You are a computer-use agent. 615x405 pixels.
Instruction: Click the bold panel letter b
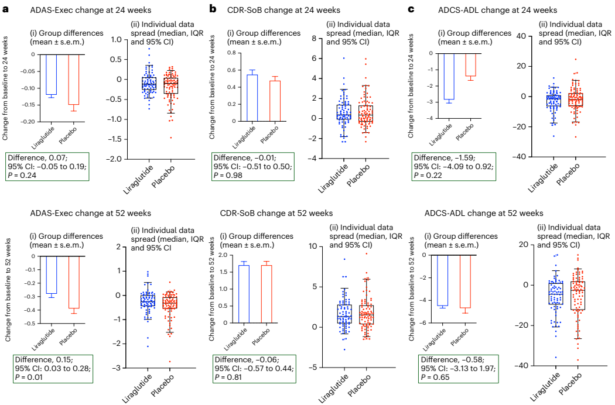click(213, 9)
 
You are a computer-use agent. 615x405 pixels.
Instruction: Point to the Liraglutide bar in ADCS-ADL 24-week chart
click(449, 76)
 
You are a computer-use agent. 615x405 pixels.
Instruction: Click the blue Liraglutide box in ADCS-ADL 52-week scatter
click(555, 292)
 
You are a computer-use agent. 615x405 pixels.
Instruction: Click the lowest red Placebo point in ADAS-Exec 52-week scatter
click(170, 362)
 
